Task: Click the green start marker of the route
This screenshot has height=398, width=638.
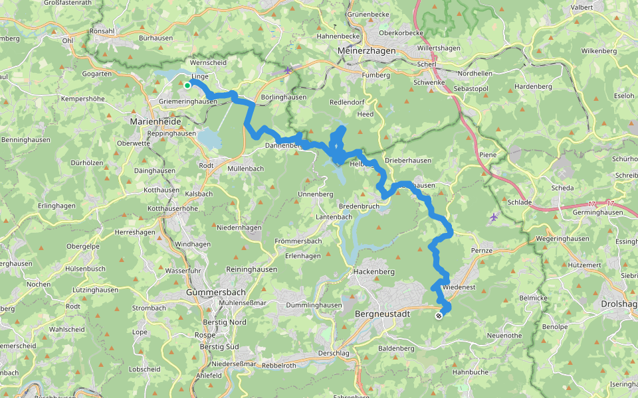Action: [187, 86]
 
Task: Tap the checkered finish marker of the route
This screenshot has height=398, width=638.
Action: [439, 316]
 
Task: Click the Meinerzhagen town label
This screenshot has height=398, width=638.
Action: [366, 50]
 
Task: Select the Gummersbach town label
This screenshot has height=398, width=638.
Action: [217, 292]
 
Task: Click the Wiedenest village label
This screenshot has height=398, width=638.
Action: [459, 288]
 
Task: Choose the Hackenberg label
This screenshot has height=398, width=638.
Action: [374, 272]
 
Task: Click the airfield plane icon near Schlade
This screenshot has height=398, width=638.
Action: [493, 217]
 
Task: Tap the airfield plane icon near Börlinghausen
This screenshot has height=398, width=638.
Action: [288, 70]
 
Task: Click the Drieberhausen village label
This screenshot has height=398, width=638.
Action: [408, 161]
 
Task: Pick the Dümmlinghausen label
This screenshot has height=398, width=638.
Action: [314, 305]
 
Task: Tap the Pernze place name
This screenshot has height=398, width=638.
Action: [481, 251]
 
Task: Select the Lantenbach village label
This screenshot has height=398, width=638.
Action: [334, 217]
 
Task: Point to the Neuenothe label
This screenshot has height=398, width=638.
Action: [504, 336]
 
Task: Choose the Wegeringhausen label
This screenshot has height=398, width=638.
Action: [563, 239]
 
